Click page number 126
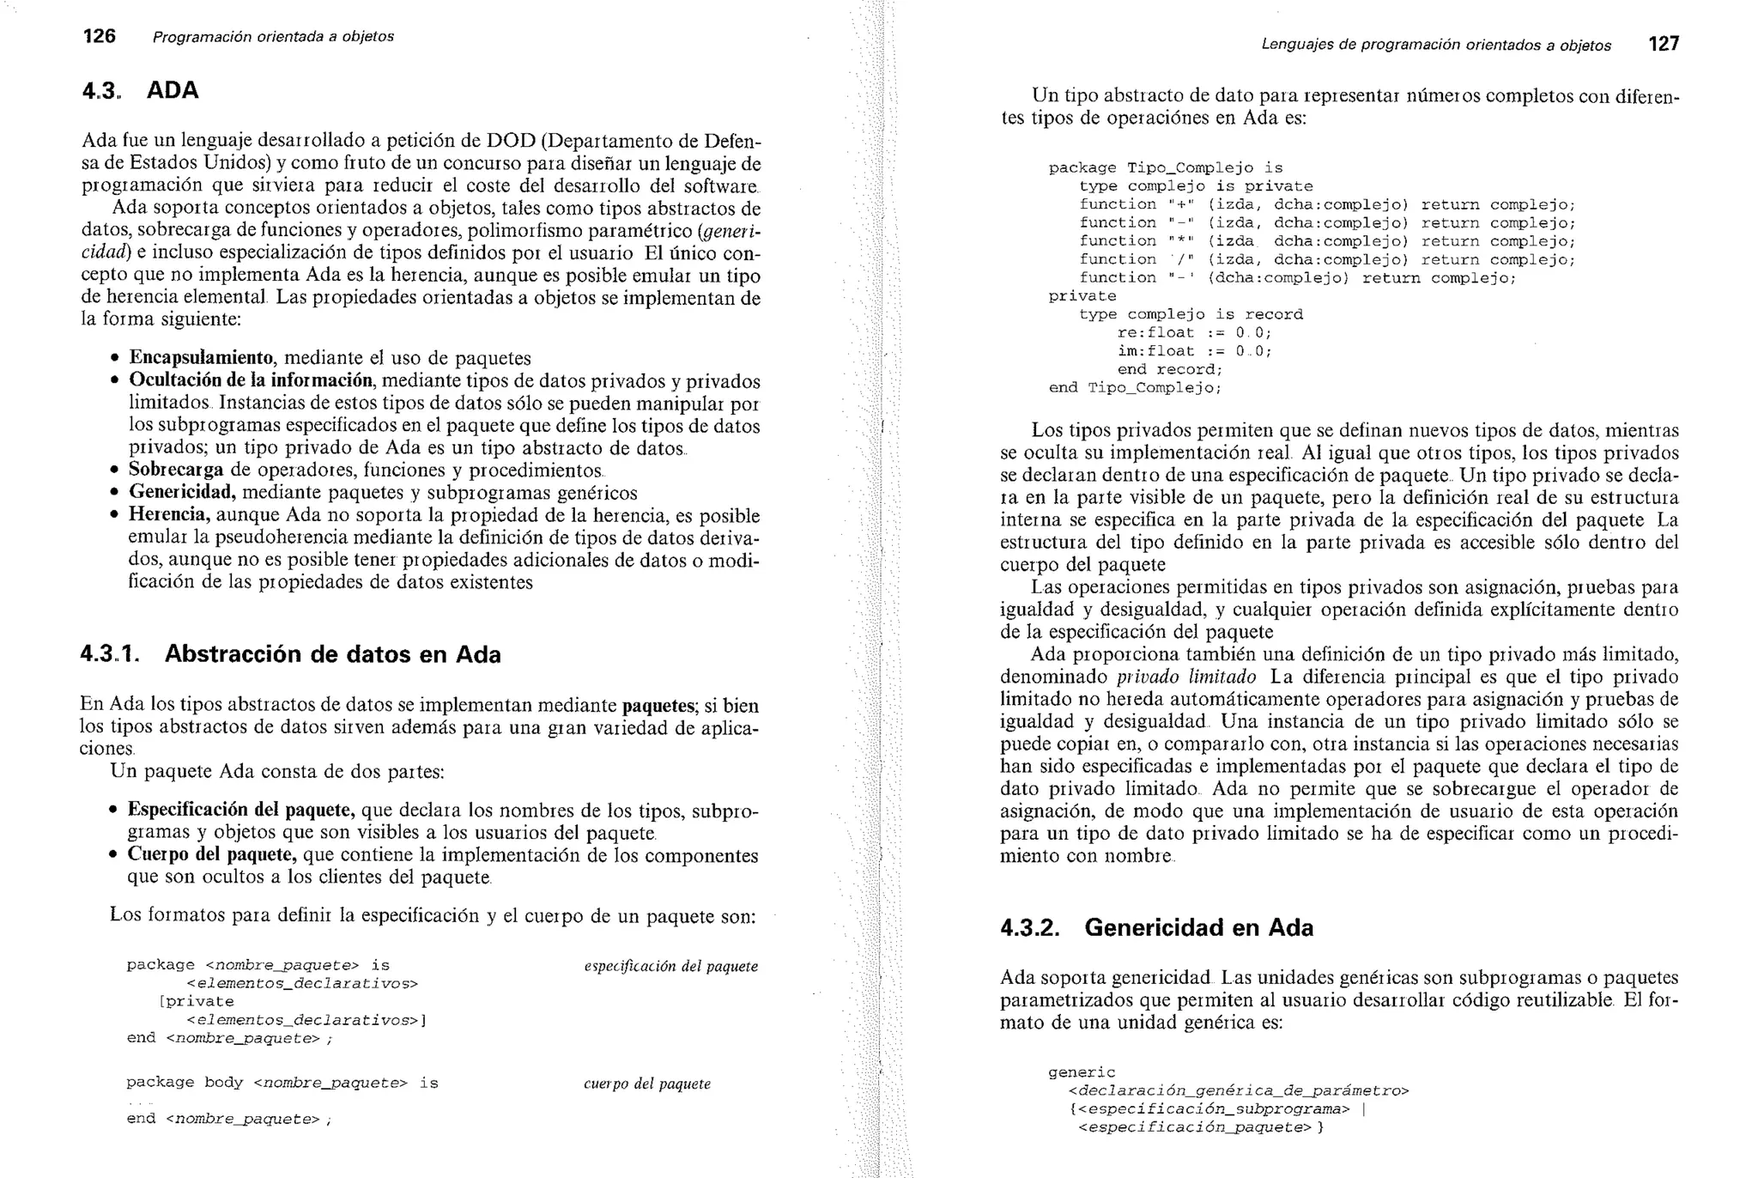click(x=99, y=36)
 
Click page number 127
click(x=1664, y=44)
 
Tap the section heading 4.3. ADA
click(x=140, y=90)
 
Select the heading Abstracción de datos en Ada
click(x=332, y=654)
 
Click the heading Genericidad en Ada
click(x=1198, y=927)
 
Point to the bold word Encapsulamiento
click(x=201, y=358)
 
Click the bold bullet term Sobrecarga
click(x=176, y=471)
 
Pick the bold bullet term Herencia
click(x=169, y=515)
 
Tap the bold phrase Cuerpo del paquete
click(x=212, y=855)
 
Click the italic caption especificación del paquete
click(x=670, y=966)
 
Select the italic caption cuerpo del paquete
click(x=647, y=1084)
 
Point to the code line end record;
click(x=1169, y=369)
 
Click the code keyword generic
click(x=1082, y=1072)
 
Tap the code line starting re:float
click(x=1194, y=332)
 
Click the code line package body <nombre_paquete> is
click(x=282, y=1083)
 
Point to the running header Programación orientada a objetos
click(x=273, y=37)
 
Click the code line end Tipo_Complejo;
click(x=1135, y=387)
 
